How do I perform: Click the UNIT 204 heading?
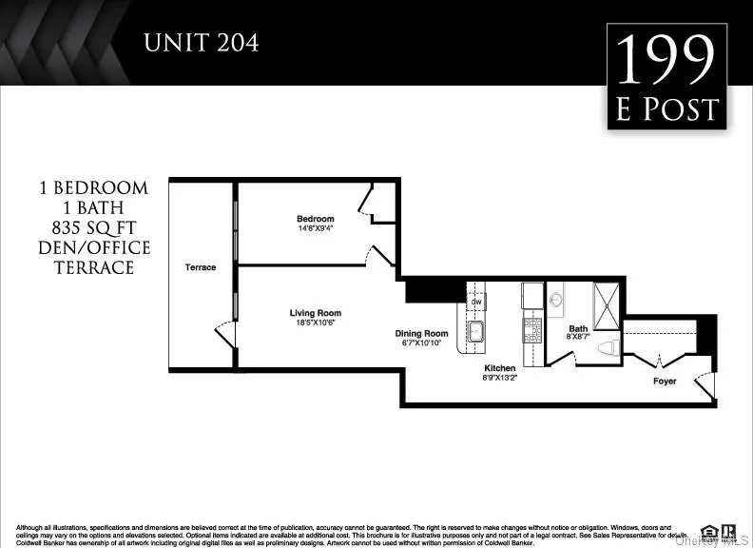point(200,43)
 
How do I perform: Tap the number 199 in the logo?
point(666,62)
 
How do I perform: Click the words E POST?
point(666,110)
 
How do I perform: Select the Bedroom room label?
point(316,219)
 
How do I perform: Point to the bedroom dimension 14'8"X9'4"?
point(316,228)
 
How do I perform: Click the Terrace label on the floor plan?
point(200,267)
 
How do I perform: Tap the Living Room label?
point(316,313)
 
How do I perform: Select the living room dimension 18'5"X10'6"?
point(316,323)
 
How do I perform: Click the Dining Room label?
point(422,333)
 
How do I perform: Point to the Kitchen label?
point(500,368)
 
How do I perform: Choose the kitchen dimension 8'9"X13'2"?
point(500,378)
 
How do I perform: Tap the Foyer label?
point(665,382)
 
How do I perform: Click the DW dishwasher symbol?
point(476,303)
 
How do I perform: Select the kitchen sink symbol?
point(476,332)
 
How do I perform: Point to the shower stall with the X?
point(606,304)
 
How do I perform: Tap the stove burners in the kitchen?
point(532,330)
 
